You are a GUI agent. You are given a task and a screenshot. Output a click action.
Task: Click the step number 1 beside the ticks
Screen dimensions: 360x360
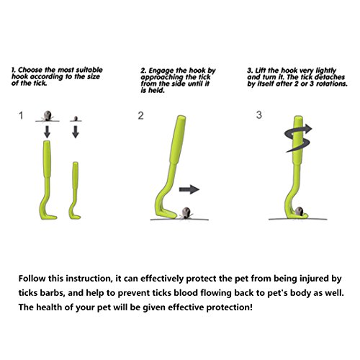pos(21,115)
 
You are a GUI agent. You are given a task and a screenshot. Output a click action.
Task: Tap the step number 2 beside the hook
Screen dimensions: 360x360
pos(141,116)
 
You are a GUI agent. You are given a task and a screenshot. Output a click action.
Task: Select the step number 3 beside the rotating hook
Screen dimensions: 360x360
pos(259,114)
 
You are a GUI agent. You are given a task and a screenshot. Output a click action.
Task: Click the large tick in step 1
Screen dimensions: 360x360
pos(48,116)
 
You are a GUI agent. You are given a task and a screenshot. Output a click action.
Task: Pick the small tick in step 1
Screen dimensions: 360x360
pos(76,119)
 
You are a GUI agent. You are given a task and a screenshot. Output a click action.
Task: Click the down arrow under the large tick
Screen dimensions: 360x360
pos(48,132)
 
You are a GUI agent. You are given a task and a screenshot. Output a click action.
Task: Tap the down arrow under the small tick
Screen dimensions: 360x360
pos(76,132)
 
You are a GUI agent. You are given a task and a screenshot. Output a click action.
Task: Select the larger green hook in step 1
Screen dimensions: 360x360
pos(48,180)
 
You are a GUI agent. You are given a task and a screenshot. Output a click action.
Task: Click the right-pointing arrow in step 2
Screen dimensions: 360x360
pos(189,189)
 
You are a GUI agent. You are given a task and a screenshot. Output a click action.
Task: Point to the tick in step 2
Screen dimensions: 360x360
pos(186,213)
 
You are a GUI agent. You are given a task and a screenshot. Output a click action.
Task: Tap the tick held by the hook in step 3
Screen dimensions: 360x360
pos(299,211)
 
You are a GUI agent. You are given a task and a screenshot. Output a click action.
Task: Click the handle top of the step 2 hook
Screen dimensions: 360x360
pos(181,117)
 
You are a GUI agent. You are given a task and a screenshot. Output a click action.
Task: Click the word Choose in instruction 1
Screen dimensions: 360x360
pos(30,70)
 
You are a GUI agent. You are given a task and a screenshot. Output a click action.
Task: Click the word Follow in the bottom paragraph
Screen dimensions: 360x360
pos(32,279)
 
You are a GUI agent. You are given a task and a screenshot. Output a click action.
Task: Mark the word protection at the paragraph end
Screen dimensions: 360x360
pos(230,307)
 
